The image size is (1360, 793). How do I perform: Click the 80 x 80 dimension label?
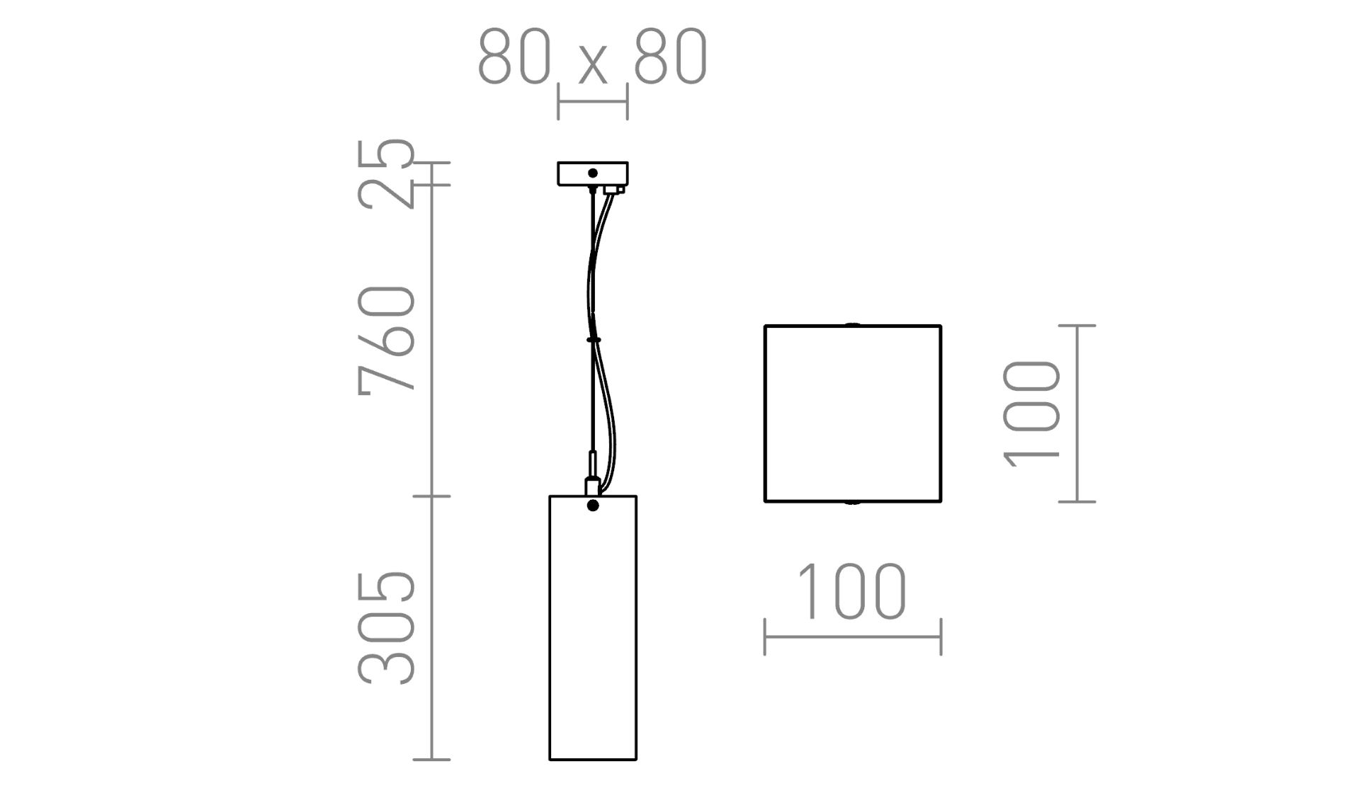(593, 57)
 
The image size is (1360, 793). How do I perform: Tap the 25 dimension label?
(386, 173)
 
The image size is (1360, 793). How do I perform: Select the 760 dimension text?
(386, 339)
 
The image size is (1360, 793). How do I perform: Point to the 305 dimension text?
(386, 628)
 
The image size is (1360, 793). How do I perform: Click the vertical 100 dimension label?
(1031, 414)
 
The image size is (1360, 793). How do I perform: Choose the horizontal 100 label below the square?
(852, 591)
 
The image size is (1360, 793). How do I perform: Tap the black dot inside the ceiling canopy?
(593, 173)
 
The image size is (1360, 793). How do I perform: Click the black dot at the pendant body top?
(593, 506)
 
